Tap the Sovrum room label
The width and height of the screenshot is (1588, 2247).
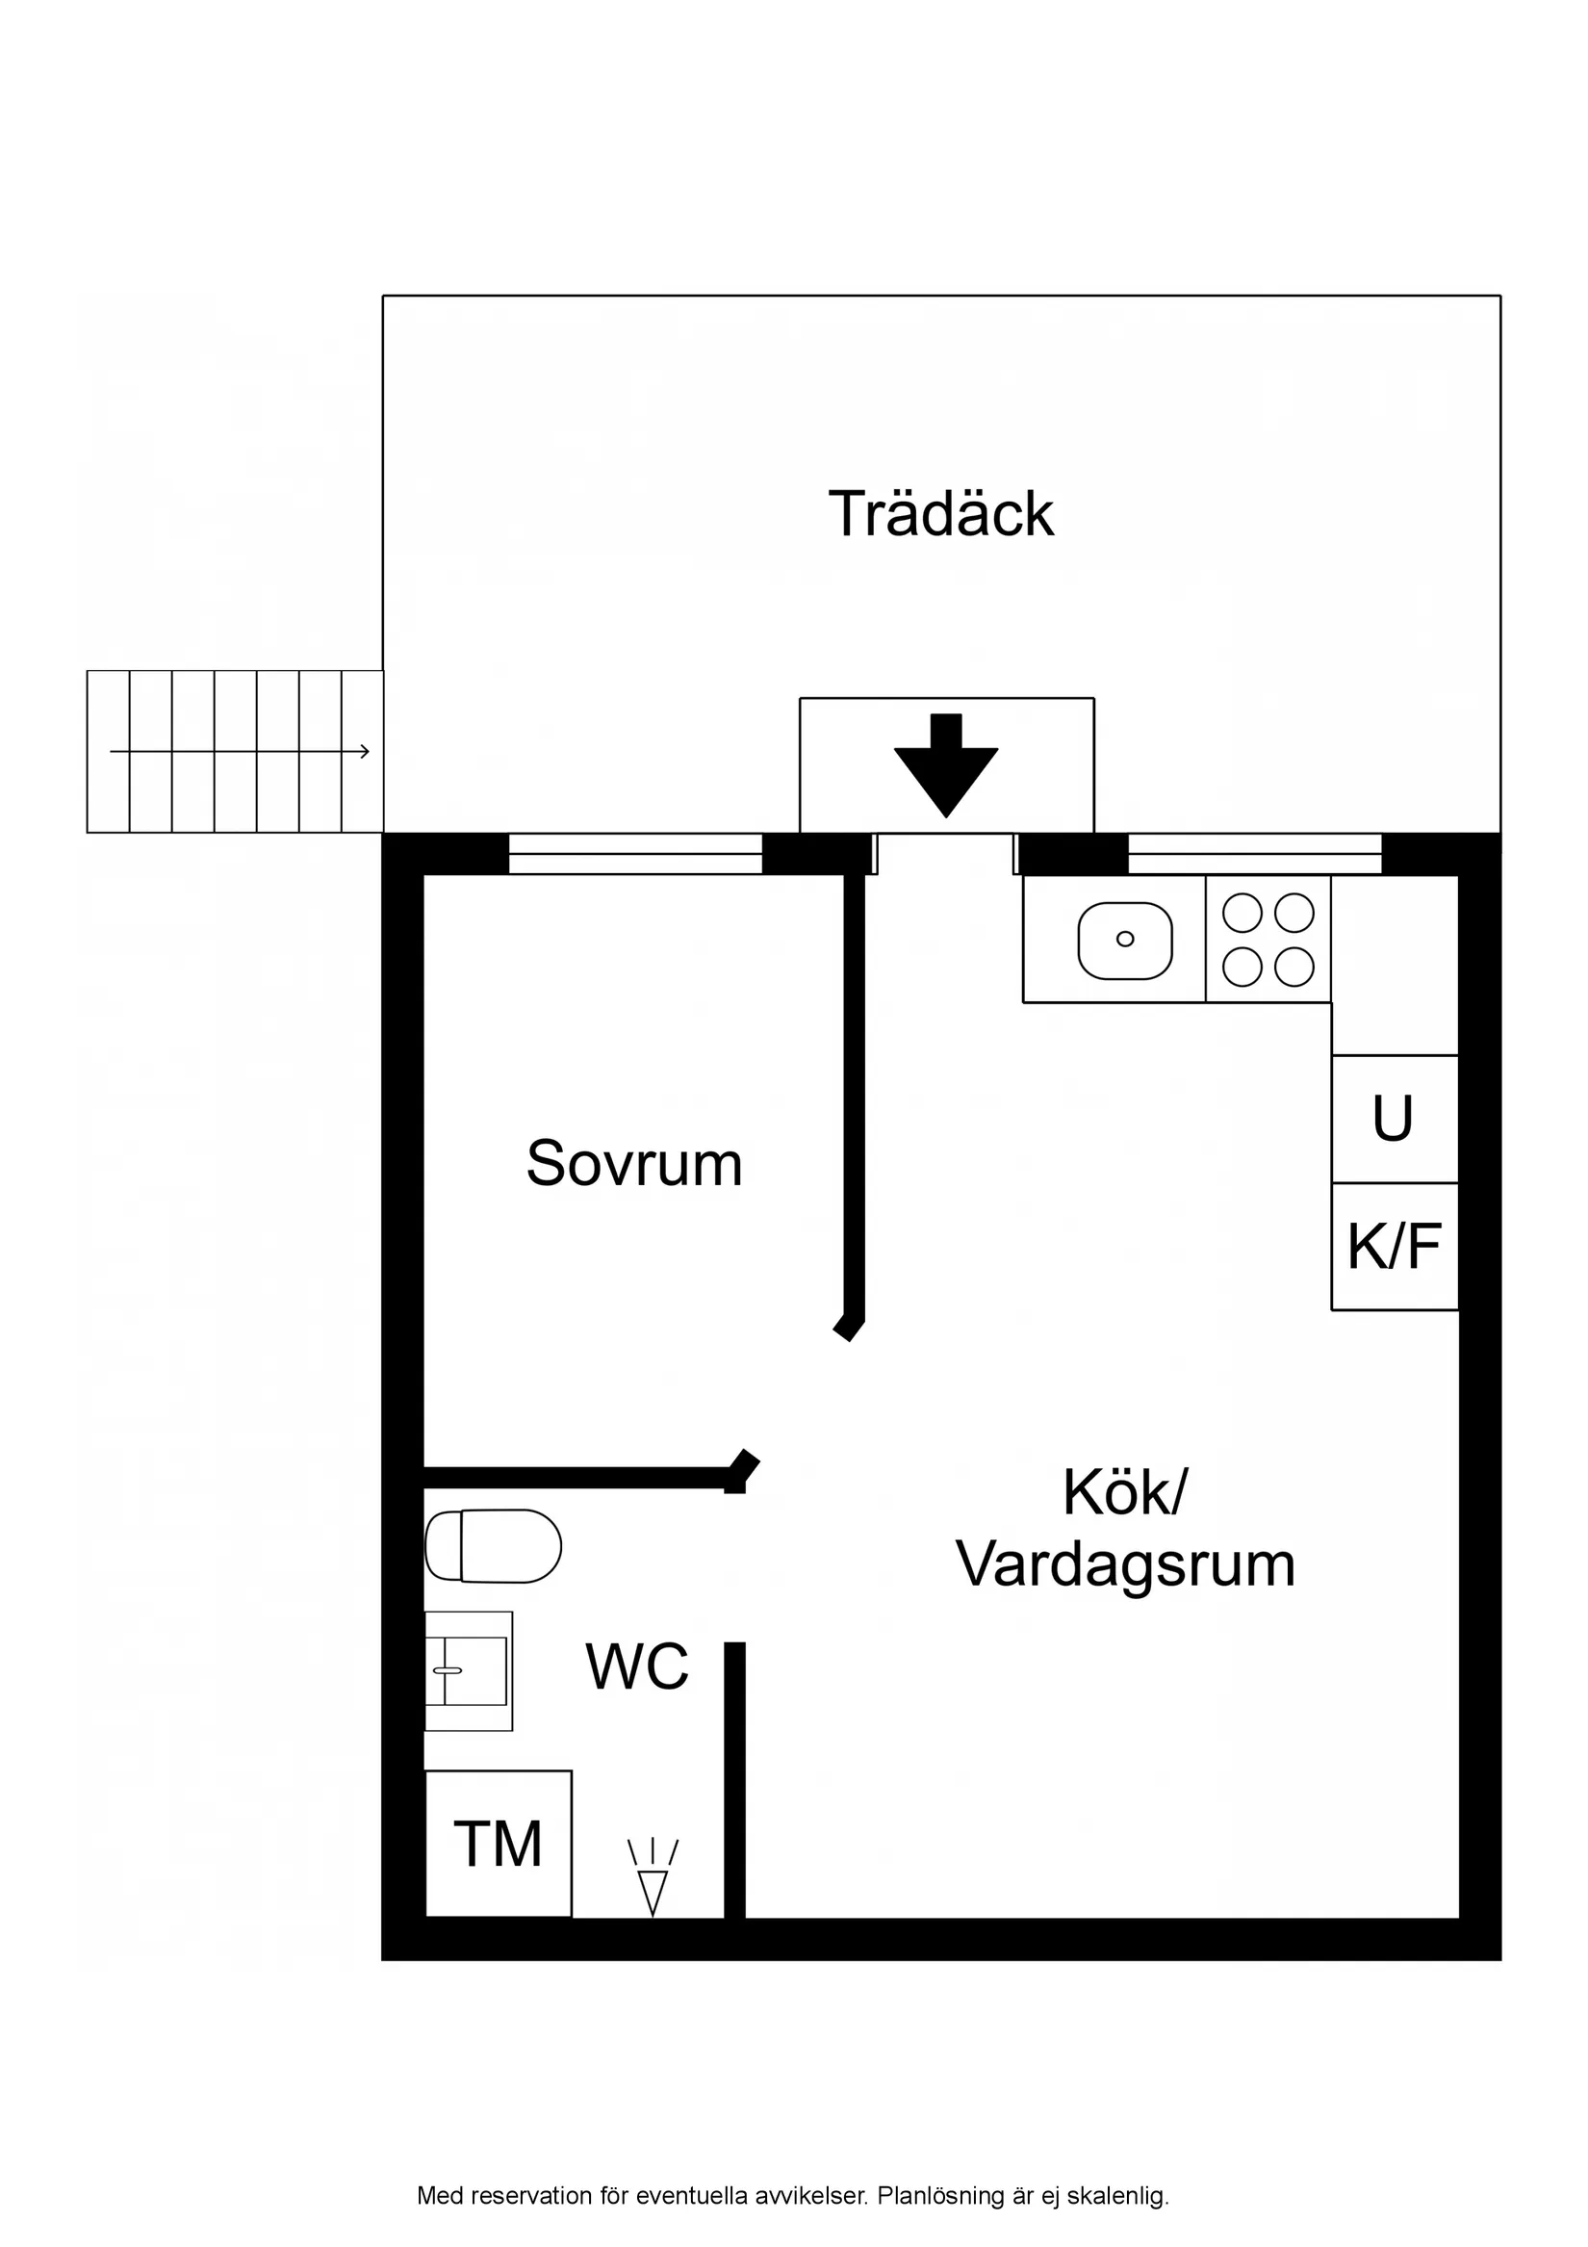point(634,1165)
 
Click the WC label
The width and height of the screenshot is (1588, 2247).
point(637,1667)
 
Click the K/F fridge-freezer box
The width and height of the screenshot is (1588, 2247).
point(1395,1247)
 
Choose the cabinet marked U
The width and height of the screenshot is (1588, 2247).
point(1394,1119)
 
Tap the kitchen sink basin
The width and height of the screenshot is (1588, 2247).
point(1124,940)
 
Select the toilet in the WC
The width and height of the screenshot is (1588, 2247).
point(494,1546)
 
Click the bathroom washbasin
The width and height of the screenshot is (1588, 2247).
point(469,1671)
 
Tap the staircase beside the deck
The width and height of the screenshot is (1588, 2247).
point(235,752)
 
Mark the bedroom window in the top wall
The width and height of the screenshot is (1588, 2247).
point(635,853)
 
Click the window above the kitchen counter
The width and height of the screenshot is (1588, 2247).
point(1254,853)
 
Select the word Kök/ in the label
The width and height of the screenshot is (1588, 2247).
point(1124,1492)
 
